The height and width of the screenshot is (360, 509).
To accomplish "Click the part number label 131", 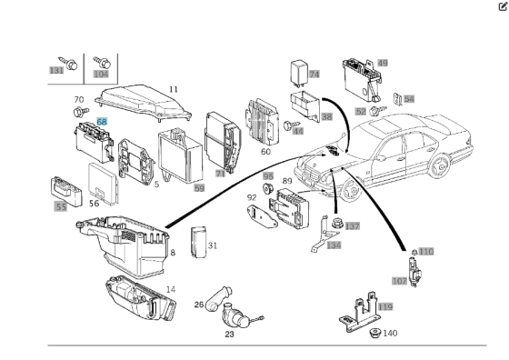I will [x=56, y=70].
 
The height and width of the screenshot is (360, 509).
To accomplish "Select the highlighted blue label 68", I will [x=102, y=120].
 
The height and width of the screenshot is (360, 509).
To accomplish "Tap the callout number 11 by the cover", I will [x=173, y=89].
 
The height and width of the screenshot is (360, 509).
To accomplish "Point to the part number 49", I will [x=383, y=63].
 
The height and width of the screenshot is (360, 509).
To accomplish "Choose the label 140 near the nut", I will [x=390, y=334].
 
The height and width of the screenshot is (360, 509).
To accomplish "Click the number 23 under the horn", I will [x=229, y=335].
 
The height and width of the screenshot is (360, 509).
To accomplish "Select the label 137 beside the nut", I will [x=353, y=226].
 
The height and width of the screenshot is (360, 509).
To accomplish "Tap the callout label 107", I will [x=399, y=281].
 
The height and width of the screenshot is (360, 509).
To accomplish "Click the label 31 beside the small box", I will [x=212, y=245].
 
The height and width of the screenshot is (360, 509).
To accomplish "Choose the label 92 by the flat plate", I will [x=252, y=196].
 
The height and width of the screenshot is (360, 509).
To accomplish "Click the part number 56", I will [x=94, y=204].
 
